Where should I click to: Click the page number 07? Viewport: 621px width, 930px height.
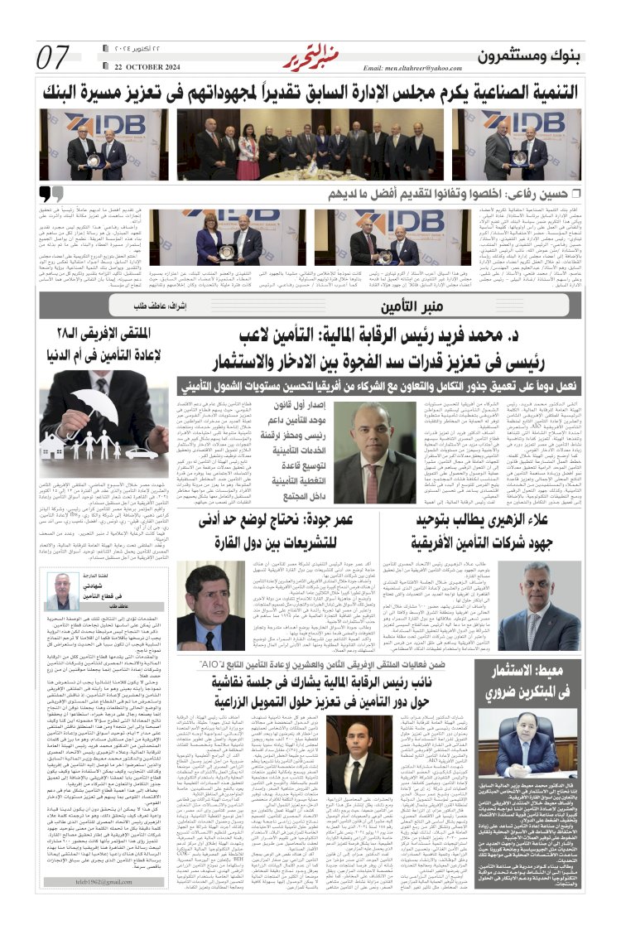(x=54, y=58)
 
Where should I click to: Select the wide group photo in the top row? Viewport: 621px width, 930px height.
(x=306, y=144)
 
